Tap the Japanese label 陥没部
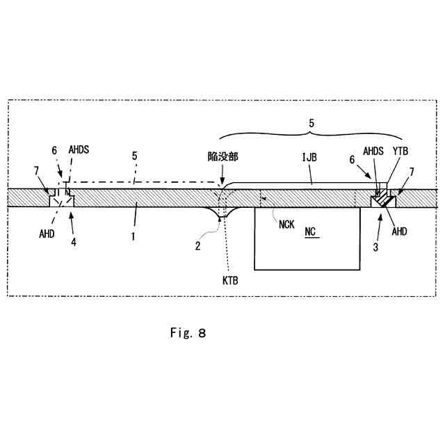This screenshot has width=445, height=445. [x=223, y=158]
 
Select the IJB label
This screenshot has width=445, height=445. [x=310, y=158]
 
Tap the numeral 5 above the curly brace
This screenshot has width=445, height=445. [x=311, y=122]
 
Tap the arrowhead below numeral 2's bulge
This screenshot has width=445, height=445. [x=221, y=218]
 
